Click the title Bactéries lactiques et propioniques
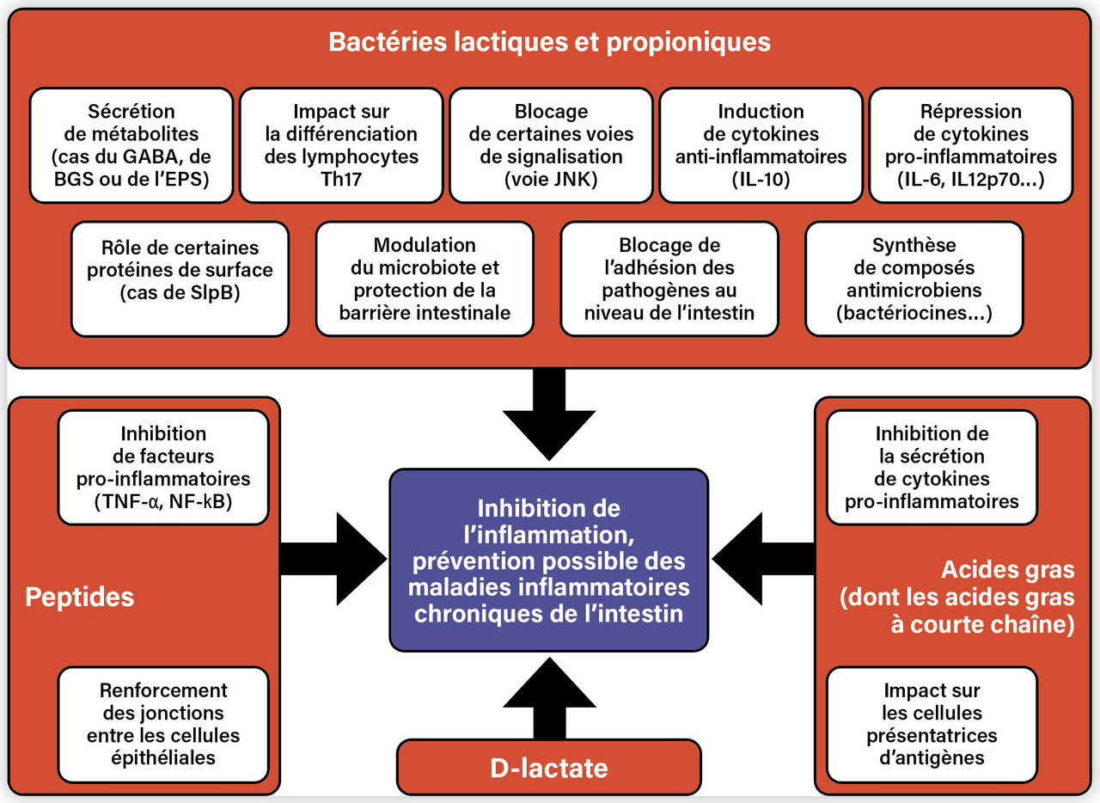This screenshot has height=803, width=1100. point(549,41)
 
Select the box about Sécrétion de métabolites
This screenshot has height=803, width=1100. point(131,145)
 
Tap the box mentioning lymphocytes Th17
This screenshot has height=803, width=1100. point(341,145)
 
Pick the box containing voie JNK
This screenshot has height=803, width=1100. point(551,145)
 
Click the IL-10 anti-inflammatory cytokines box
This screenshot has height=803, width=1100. point(761,145)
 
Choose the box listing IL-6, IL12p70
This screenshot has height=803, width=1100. point(971,145)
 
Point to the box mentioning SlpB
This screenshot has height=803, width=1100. point(179,279)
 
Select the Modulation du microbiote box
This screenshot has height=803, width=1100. point(425,279)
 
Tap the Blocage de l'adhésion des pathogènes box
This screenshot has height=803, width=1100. point(669,279)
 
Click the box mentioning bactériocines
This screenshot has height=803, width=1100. point(914,279)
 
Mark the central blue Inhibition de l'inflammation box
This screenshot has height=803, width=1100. point(549,560)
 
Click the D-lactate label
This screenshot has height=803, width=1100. point(548,767)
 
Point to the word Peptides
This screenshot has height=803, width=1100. point(80,597)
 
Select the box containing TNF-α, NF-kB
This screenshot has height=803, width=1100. point(163,467)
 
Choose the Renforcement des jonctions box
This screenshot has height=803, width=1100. point(163,724)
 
